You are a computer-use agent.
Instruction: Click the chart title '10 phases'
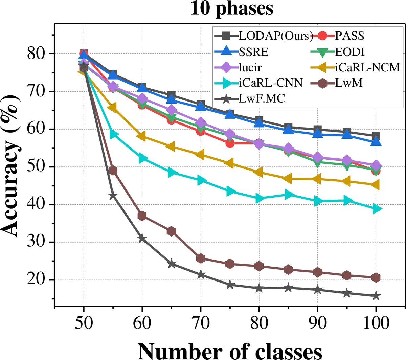click(231, 9)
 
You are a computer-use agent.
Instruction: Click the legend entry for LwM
click(348, 83)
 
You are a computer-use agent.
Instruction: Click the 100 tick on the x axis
click(376, 323)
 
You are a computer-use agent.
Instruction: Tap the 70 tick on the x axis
click(201, 323)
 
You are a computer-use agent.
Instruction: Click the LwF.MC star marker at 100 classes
click(376, 296)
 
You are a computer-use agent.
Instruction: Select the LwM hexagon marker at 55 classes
click(113, 171)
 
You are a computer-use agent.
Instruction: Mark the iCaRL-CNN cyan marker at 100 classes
click(376, 209)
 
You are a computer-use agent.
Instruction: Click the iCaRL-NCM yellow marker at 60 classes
click(142, 137)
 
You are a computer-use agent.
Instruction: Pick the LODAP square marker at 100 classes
click(376, 136)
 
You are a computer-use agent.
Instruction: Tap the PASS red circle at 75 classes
click(230, 143)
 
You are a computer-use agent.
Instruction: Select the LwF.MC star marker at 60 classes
click(142, 239)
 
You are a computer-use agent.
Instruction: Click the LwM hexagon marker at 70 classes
click(201, 258)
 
